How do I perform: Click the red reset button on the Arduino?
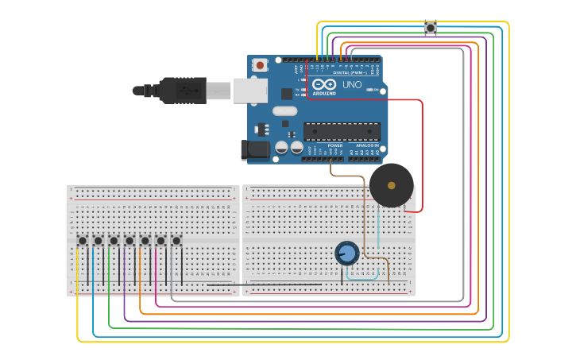tap(260, 65)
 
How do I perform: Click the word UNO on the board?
tap(351, 84)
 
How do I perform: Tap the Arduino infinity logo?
tap(323, 84)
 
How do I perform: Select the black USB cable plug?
tap(183, 90)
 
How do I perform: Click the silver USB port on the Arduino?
tap(249, 90)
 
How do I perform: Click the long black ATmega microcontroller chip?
tap(342, 131)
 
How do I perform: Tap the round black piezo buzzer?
tap(391, 185)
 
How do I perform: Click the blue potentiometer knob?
tap(346, 254)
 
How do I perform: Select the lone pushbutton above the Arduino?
tap(431, 28)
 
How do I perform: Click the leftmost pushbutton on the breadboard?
tap(83, 240)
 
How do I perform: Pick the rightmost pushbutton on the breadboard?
tap(176, 240)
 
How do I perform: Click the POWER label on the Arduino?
tap(335, 145)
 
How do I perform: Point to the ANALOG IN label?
tap(367, 145)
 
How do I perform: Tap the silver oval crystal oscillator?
tap(284, 123)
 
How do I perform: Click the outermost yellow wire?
tap(508, 183)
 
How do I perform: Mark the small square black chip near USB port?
tap(286, 93)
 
